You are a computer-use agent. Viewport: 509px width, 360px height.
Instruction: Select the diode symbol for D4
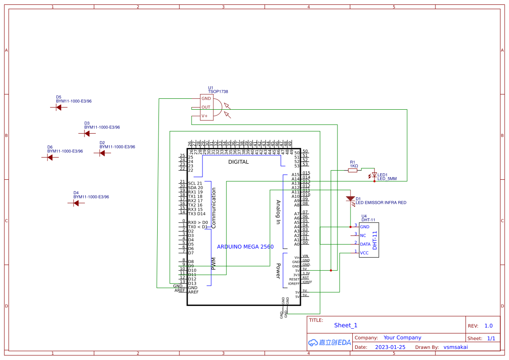(76, 203)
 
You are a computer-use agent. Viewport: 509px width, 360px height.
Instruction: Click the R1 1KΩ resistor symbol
(353, 171)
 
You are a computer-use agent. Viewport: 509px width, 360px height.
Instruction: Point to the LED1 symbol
(374, 175)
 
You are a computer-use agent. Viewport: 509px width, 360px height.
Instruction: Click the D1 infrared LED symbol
(351, 199)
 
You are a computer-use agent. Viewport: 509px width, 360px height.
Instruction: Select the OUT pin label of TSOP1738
(206, 107)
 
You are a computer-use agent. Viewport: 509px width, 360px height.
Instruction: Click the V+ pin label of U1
(204, 116)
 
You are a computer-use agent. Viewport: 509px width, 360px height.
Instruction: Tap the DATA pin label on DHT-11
(365, 244)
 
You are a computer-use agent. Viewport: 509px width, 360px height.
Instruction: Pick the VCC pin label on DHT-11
(364, 252)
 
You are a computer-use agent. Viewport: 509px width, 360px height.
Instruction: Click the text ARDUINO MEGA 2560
(245, 247)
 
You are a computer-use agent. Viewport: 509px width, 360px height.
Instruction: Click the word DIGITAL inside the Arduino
(238, 162)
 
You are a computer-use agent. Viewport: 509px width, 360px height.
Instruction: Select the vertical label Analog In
(278, 212)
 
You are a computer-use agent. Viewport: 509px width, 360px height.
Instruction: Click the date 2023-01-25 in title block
(390, 347)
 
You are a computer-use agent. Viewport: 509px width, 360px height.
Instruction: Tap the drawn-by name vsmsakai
(455, 347)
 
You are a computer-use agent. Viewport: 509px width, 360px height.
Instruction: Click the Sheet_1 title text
(346, 325)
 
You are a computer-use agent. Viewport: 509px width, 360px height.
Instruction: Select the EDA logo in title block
(330, 343)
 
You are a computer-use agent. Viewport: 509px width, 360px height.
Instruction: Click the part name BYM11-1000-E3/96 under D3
(102, 128)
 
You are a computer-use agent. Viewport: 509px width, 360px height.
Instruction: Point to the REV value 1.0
(488, 326)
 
